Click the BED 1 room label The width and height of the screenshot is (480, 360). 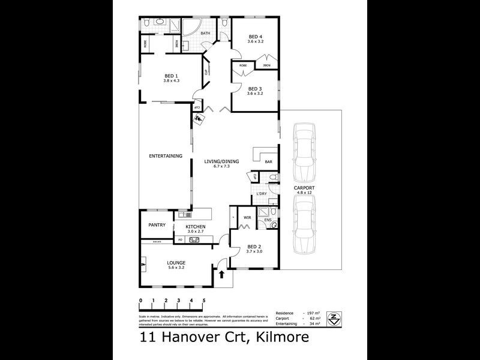click(171, 76)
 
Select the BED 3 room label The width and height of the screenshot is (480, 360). click(255, 88)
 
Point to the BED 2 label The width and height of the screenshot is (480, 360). click(254, 247)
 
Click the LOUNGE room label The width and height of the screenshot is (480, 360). click(176, 263)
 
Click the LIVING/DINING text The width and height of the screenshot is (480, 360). click(221, 161)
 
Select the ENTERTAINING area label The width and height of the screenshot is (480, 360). click(166, 156)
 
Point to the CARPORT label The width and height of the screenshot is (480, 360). click(304, 188)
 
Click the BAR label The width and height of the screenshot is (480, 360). click(269, 162)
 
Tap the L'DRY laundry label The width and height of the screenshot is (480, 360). click(262, 194)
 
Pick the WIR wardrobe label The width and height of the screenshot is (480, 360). click(247, 217)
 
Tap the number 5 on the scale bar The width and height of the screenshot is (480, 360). click(205, 301)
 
